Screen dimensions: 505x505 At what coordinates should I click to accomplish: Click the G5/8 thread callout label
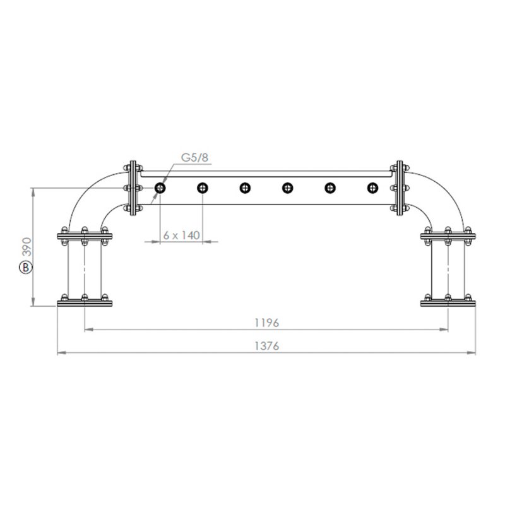pos(194,157)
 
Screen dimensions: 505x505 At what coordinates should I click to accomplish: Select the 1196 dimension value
pos(266,323)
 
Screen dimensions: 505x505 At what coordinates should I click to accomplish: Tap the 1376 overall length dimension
pos(266,346)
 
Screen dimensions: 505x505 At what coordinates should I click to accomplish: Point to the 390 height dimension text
pos(28,247)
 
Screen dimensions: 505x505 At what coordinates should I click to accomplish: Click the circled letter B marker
pos(26,268)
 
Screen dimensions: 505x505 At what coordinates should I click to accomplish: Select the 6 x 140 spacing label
pos(181,235)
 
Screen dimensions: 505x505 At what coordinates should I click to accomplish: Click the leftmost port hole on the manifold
pos(160,187)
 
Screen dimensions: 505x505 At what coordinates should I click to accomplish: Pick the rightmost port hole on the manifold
pos(372,187)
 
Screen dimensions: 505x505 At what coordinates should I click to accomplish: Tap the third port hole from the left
pos(245,187)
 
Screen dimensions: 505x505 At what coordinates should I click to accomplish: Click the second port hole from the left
pos(203,187)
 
